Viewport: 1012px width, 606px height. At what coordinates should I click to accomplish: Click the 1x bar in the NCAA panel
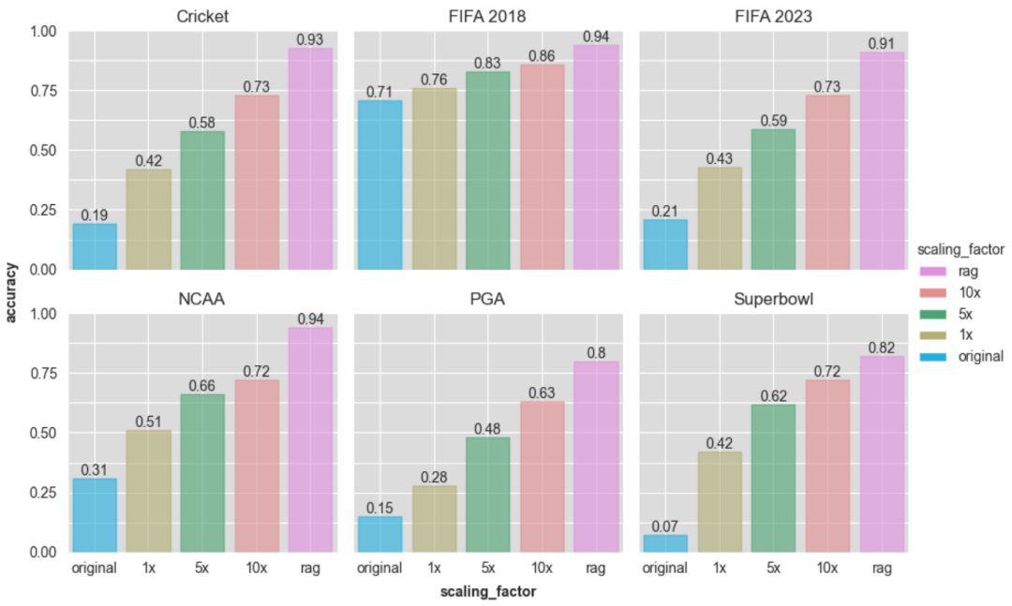click(x=148, y=491)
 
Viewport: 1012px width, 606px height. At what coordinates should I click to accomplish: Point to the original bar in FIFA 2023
click(x=665, y=244)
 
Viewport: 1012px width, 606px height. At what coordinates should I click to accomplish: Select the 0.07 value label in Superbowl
click(x=665, y=527)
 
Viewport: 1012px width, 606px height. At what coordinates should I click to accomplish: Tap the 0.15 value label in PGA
click(x=379, y=509)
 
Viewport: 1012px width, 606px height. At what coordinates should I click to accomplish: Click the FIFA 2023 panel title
click(x=774, y=16)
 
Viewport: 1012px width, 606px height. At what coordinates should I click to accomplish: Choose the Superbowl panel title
click(x=774, y=300)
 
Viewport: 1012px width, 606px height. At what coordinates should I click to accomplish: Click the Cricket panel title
click(x=202, y=16)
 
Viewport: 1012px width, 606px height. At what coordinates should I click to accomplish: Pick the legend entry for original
click(x=975, y=356)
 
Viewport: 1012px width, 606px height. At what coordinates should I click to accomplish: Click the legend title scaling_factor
click(x=960, y=249)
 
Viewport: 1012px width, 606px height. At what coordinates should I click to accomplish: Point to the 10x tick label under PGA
click(x=542, y=568)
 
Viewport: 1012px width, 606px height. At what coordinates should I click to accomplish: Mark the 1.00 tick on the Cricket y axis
click(x=44, y=32)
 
